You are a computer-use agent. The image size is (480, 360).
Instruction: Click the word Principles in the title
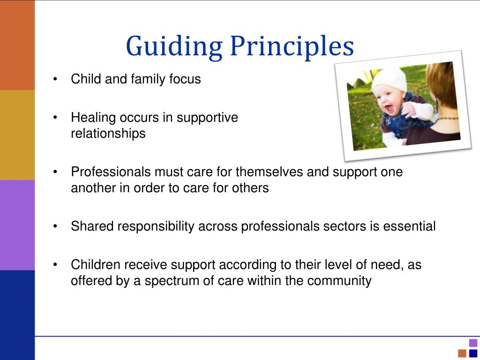click(x=292, y=47)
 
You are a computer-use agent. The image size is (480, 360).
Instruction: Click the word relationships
click(x=108, y=134)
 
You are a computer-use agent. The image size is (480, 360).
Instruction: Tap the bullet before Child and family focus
click(x=56, y=79)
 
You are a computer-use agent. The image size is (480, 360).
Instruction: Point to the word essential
click(x=409, y=226)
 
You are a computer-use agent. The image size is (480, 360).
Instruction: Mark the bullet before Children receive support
click(x=56, y=265)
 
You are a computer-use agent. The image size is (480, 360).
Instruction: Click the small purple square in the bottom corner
click(x=473, y=343)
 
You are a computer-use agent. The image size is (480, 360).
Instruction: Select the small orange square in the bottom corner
click(x=462, y=353)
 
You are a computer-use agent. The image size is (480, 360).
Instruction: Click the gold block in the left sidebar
click(x=17, y=135)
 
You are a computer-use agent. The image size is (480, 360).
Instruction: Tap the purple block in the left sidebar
click(x=17, y=225)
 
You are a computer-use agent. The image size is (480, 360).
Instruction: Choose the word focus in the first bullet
click(x=185, y=79)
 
